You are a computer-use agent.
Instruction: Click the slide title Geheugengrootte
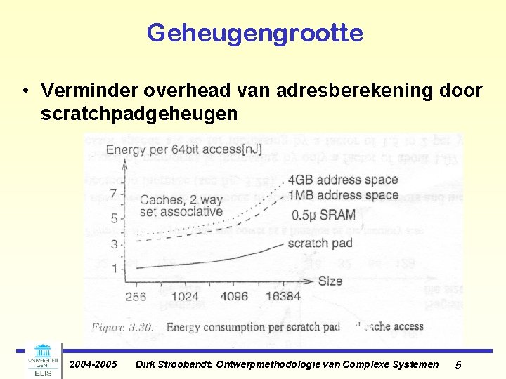coord(254,32)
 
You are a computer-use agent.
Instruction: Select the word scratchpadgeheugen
coord(139,113)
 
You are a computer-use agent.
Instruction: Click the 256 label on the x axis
coord(136,296)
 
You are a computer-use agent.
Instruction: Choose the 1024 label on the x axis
coord(185,296)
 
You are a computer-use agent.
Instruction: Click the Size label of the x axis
coord(330,281)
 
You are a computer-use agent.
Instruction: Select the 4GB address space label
coord(342,180)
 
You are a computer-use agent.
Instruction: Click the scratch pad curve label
coord(320,243)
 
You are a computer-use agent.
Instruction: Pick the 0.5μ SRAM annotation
coord(323,214)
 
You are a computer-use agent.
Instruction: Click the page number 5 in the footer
coord(458,365)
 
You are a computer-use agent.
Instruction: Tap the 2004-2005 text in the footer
coord(93,364)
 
